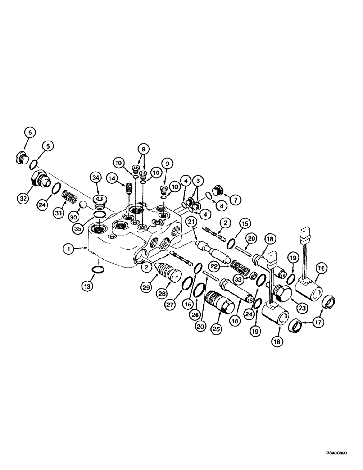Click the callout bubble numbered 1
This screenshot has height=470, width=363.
coord(69,250)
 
